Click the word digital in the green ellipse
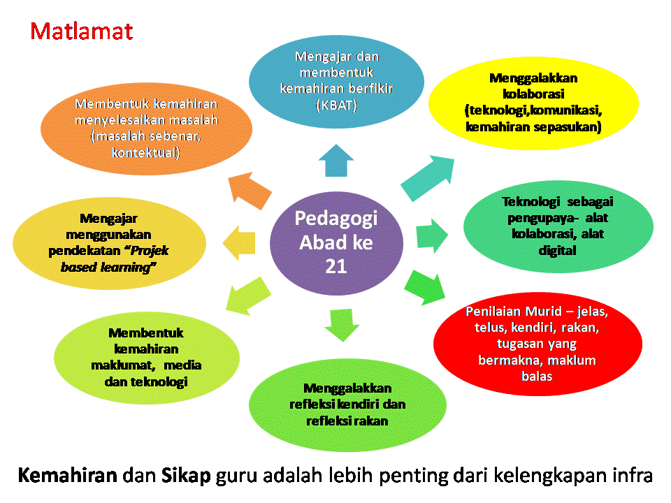tap(558, 249)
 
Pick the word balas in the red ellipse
tap(536, 376)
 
